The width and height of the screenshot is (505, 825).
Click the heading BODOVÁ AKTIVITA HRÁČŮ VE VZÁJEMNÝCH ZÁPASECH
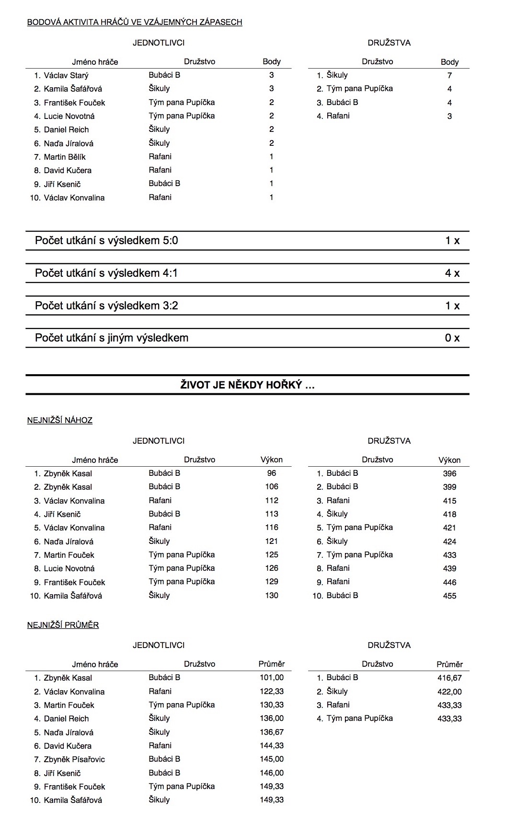(x=135, y=22)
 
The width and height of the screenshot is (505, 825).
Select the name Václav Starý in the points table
(x=66, y=75)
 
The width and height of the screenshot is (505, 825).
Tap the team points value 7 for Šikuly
(x=449, y=75)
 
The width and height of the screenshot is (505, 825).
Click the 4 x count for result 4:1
(x=452, y=273)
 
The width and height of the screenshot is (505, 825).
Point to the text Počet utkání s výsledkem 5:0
(x=106, y=241)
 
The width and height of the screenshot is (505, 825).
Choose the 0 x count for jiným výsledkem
(x=452, y=338)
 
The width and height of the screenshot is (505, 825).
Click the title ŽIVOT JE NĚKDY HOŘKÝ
(x=247, y=385)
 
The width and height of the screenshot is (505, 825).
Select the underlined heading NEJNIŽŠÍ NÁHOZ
(x=60, y=420)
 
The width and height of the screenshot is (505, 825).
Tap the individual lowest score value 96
(x=272, y=473)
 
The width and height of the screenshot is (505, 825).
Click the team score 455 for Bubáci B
(x=449, y=596)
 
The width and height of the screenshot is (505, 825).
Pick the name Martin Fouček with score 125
(x=69, y=555)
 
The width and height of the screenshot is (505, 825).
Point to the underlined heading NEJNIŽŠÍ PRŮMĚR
(x=63, y=625)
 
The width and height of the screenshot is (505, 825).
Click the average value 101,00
(x=272, y=678)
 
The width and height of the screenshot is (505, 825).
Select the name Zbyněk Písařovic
(x=74, y=759)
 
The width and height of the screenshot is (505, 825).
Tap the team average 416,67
(x=449, y=678)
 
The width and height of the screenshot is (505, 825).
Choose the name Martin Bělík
(x=65, y=157)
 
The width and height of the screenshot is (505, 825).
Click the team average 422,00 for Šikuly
(x=449, y=692)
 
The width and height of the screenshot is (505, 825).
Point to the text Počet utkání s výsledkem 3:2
(x=106, y=306)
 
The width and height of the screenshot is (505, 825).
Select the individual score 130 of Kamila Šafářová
(x=272, y=595)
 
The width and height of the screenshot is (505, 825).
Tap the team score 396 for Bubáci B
(x=449, y=473)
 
